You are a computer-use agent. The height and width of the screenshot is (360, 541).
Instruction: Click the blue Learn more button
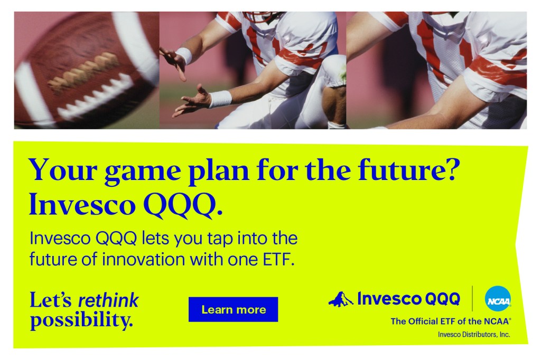point(233,309)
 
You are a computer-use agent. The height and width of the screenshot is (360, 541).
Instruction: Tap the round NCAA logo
point(498,299)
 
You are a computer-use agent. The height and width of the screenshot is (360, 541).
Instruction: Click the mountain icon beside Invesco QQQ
point(341,299)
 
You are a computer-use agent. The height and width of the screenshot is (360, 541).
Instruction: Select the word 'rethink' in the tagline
point(108,300)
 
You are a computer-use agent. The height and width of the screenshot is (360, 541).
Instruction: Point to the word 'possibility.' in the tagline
point(81,320)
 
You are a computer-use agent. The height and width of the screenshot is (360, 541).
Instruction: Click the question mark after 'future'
point(452,168)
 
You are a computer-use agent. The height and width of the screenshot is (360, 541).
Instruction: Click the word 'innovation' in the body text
point(144,259)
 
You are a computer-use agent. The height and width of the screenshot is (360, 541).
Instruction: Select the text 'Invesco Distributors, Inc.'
point(474,335)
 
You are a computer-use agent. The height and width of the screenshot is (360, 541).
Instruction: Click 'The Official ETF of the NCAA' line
point(451,321)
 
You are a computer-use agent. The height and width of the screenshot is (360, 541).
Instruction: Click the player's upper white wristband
point(184,55)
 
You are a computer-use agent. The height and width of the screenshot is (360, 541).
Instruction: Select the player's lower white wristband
point(220,99)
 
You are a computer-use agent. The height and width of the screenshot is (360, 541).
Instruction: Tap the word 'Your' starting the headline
point(63,169)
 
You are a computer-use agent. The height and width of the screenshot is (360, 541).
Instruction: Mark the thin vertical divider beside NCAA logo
point(472,299)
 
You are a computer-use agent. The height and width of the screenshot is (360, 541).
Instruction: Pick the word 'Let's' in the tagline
point(50,300)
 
